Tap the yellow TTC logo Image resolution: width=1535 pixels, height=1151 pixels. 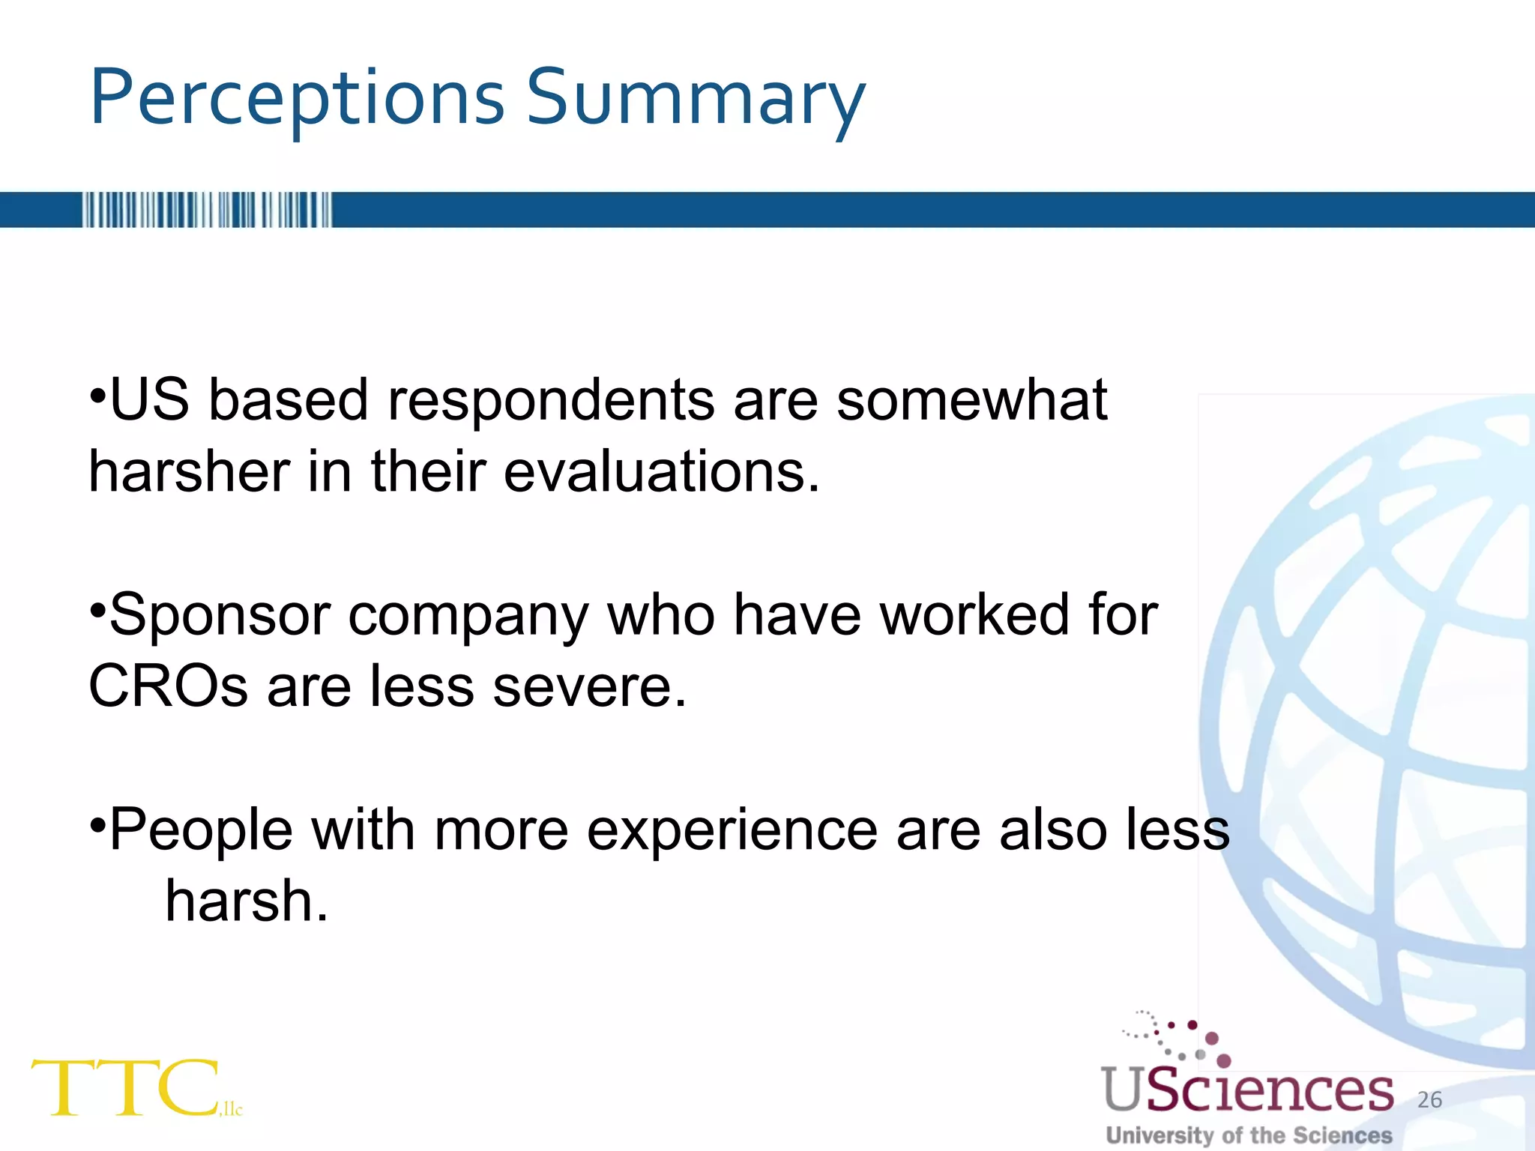click(x=127, y=1088)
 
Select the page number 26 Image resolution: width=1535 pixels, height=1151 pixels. click(x=1429, y=1099)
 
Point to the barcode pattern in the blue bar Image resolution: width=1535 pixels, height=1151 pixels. click(x=207, y=210)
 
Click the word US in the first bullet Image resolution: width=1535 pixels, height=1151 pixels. click(x=149, y=400)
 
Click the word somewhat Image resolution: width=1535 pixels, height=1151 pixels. click(x=971, y=400)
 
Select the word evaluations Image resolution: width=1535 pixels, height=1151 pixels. click(x=661, y=472)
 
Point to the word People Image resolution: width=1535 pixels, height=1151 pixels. click(x=201, y=830)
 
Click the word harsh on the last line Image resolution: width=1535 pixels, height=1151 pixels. click(x=246, y=901)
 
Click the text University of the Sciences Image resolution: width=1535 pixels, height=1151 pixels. click(x=1249, y=1135)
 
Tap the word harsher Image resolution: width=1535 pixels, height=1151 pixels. click(x=189, y=472)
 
